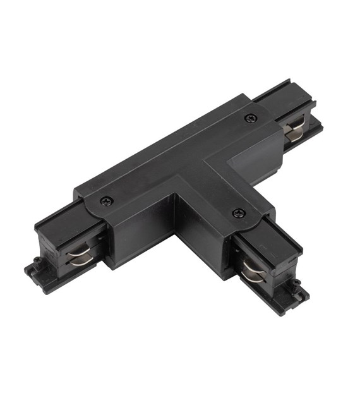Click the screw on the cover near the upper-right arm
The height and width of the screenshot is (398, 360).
pos(250,118)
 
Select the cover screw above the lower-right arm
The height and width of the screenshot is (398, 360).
pos(238,213)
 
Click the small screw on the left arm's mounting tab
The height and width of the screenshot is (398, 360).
pos(37,260)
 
